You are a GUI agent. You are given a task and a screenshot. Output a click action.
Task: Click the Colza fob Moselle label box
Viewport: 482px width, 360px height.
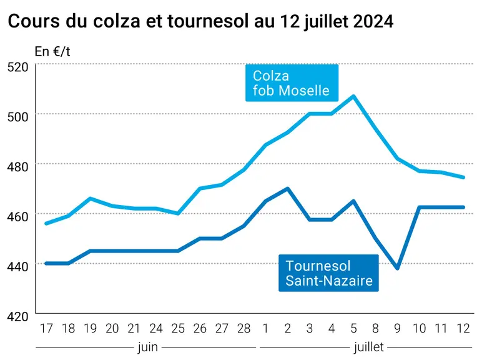click(292, 82)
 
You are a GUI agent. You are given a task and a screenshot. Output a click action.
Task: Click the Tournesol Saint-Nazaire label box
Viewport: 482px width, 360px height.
click(328, 273)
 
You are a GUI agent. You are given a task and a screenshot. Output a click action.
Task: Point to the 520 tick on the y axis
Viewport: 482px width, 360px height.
click(17, 67)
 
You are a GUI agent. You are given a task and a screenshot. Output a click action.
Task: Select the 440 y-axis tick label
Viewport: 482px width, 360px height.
click(17, 266)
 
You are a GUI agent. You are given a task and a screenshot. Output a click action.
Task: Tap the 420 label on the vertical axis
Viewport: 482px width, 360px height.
click(17, 316)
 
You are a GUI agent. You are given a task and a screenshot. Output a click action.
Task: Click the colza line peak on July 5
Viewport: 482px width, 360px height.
click(353, 96)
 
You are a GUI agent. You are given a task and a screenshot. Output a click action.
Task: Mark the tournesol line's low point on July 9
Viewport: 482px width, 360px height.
click(398, 268)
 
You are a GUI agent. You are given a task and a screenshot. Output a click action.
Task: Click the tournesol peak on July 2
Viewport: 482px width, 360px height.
click(287, 188)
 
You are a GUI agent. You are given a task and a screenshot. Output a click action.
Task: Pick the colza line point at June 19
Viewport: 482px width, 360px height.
click(91, 199)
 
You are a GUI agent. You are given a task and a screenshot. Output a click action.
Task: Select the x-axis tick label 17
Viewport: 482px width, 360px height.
click(46, 329)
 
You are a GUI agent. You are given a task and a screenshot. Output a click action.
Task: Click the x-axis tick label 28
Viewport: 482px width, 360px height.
click(243, 329)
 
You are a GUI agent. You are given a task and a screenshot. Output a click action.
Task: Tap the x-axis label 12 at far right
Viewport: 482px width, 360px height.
click(463, 329)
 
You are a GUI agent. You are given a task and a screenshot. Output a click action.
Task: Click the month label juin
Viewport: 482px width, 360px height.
click(148, 347)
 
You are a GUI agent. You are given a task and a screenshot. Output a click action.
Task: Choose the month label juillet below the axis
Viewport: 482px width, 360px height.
click(369, 347)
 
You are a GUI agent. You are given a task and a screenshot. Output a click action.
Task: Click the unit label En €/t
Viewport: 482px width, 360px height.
click(52, 52)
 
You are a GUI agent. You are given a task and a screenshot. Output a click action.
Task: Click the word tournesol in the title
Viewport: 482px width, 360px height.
click(208, 21)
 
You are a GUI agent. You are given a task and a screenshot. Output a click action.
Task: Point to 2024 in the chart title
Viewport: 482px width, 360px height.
click(373, 21)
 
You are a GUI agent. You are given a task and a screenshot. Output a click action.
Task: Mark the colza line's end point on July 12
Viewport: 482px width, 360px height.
click(463, 177)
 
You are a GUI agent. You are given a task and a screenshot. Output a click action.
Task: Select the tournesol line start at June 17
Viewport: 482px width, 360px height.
click(46, 263)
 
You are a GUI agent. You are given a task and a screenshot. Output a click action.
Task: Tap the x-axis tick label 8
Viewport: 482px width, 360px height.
click(375, 329)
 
